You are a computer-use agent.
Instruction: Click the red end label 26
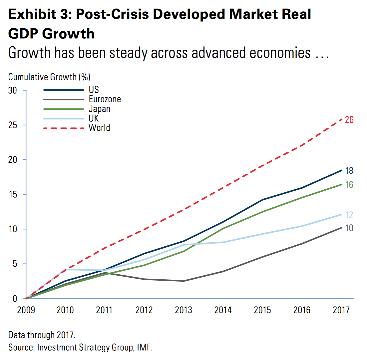349,120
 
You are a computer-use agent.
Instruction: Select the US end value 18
349,171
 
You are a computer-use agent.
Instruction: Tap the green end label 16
349,185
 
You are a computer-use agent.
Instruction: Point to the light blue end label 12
349,215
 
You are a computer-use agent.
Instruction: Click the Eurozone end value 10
349,228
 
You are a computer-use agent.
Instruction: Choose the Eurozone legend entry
105,99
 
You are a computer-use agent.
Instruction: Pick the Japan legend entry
99,109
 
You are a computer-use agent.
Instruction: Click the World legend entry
99,128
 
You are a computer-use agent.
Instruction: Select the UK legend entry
94,118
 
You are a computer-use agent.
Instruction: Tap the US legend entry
94,90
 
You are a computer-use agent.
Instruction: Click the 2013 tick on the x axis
183,310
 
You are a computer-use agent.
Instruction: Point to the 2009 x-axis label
26,310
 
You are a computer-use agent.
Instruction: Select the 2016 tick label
302,310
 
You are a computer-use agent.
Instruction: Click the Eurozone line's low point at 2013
183,281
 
